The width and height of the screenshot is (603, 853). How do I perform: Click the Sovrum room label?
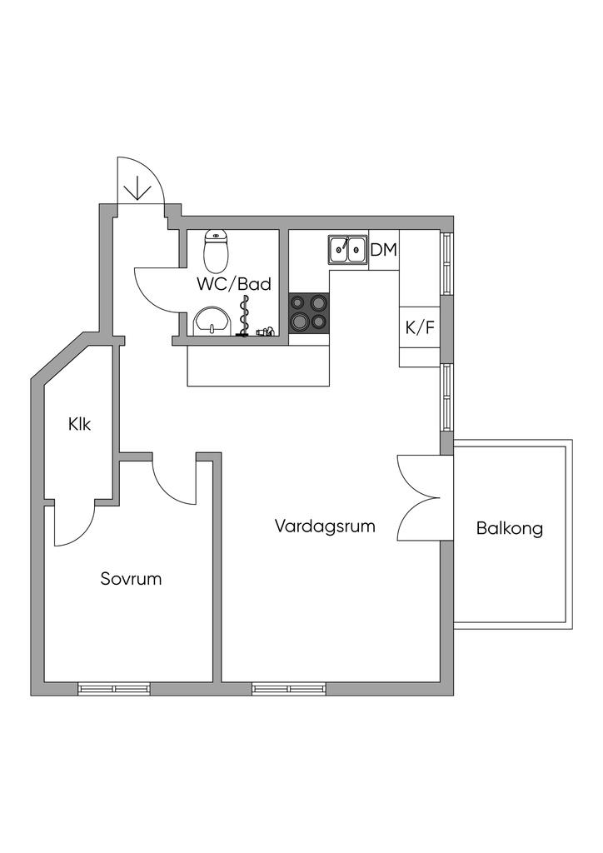[131, 578]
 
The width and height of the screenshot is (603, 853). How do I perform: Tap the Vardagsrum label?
[325, 526]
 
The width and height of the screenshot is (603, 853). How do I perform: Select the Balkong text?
[510, 527]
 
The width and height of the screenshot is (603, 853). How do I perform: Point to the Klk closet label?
[80, 424]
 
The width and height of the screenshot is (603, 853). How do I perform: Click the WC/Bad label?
[234, 283]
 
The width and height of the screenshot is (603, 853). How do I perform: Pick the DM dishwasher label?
[383, 249]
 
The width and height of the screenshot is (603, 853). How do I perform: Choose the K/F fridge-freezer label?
[420, 327]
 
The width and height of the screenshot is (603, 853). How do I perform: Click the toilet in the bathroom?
[217, 251]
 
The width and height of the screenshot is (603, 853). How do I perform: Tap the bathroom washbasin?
[213, 321]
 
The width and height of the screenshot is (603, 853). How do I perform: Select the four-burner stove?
[309, 313]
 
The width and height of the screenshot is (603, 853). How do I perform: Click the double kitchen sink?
[348, 247]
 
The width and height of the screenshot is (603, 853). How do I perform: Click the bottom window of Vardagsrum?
[288, 689]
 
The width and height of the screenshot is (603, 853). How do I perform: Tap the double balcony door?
[419, 497]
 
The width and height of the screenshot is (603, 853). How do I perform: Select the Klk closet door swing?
[73, 526]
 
